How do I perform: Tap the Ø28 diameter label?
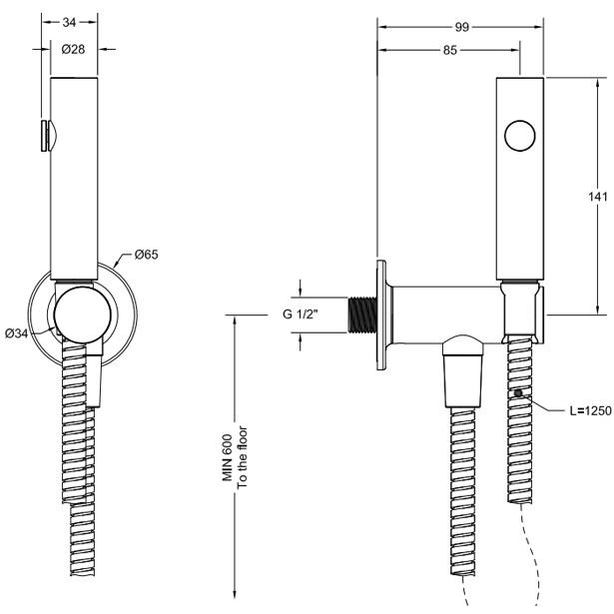(x=73, y=50)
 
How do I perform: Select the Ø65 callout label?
(x=146, y=256)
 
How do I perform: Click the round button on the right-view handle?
(x=520, y=135)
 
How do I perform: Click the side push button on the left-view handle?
(x=45, y=136)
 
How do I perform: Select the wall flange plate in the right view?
(x=381, y=315)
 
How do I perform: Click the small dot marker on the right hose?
(x=519, y=395)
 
